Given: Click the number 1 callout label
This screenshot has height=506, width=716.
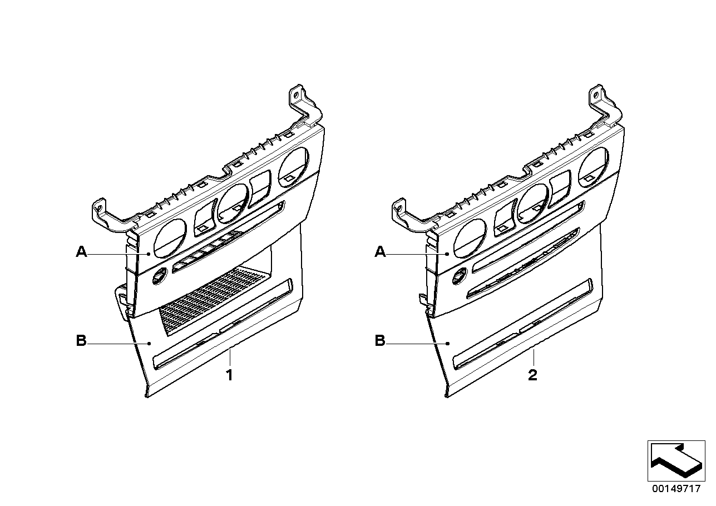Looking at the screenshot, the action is click(x=229, y=375).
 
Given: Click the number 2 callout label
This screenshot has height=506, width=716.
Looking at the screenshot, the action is click(x=532, y=375).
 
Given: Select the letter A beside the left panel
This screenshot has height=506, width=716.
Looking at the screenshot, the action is click(x=81, y=252).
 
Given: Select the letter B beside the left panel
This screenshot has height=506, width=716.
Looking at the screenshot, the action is click(x=81, y=341).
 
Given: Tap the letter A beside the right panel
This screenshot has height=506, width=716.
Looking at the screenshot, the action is click(x=380, y=252).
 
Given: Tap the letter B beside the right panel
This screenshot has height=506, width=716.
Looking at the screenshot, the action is click(x=380, y=341).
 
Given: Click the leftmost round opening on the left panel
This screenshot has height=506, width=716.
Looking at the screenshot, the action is click(x=170, y=239).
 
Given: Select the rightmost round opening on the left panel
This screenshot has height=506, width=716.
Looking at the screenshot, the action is click(x=293, y=168).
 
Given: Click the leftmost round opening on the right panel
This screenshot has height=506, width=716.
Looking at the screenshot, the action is click(x=470, y=239).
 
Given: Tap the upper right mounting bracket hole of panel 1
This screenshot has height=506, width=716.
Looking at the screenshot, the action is click(x=296, y=95).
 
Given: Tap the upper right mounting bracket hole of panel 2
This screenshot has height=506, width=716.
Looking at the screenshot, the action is click(x=595, y=95).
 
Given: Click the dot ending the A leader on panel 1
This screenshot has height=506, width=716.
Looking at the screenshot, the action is click(x=149, y=254).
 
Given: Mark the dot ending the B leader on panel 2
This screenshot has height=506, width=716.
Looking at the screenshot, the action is click(x=448, y=344).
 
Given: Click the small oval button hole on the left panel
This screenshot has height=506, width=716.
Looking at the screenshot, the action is click(x=160, y=275).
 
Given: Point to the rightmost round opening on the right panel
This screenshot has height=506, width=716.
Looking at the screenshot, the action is click(x=593, y=168).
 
